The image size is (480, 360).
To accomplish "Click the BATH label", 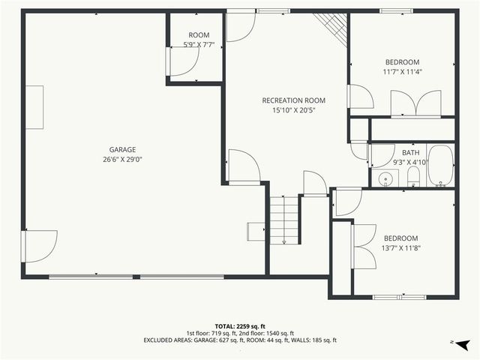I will [x=410, y=152].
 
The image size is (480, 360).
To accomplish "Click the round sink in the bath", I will [x=386, y=178].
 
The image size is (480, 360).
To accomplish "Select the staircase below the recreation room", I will [x=285, y=219].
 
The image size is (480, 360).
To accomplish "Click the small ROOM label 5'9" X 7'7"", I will [x=199, y=35].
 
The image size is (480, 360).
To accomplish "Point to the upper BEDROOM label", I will [x=402, y=62].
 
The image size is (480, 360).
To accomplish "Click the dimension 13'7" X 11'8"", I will [x=402, y=248].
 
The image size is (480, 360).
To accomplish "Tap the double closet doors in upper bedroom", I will [x=417, y=103].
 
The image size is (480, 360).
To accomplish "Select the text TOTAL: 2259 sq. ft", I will [x=240, y=326].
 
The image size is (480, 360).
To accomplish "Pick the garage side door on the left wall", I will [x=39, y=246].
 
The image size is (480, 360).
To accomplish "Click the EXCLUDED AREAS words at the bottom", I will [x=172, y=340].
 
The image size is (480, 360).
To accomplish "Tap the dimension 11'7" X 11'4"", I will [x=402, y=72].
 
